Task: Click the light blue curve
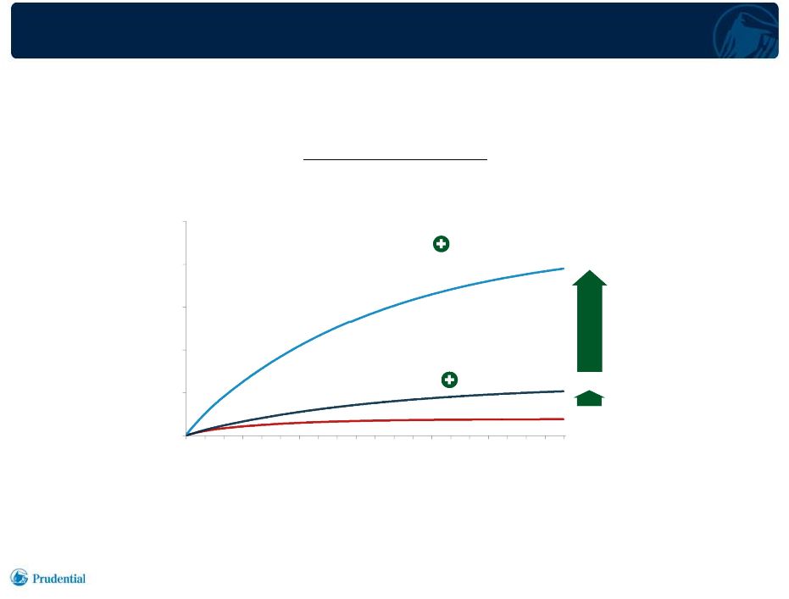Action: click(x=350, y=321)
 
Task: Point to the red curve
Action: click(x=375, y=420)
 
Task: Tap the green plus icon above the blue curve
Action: click(x=442, y=244)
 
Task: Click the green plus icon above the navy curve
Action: click(x=449, y=380)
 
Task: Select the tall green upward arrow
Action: click(x=589, y=321)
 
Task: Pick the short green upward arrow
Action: click(x=589, y=398)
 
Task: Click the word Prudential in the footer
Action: click(x=58, y=579)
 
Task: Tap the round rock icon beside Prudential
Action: click(x=19, y=577)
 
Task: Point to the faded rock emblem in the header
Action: click(x=746, y=31)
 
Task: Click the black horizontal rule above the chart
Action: click(x=395, y=159)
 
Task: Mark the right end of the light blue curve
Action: click(x=564, y=269)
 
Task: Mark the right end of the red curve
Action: click(x=564, y=419)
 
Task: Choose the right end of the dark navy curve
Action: click(x=564, y=391)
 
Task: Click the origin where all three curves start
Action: click(x=186, y=435)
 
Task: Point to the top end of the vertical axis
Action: click(x=186, y=221)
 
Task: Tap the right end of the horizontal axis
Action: click(x=564, y=435)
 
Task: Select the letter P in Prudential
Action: click(x=36, y=579)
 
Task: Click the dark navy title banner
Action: click(x=395, y=31)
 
